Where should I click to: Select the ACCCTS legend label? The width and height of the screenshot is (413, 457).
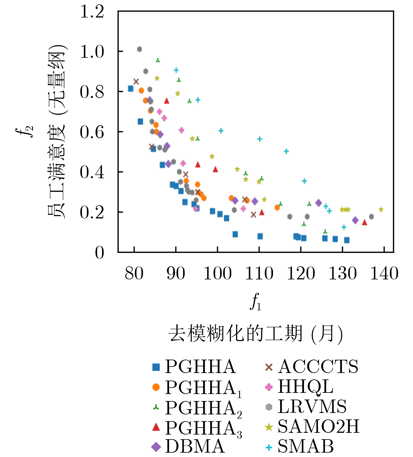318,367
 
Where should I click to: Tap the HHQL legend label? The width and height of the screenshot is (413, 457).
305,387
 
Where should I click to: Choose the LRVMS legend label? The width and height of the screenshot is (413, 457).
312,407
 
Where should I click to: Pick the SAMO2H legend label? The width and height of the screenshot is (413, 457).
319,426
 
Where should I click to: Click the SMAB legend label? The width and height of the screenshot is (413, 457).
306,446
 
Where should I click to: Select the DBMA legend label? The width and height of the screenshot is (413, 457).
195,446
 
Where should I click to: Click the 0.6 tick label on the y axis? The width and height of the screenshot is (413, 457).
92,132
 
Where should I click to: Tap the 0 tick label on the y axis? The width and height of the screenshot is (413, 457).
99,253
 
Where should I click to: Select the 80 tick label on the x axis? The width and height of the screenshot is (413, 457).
134,274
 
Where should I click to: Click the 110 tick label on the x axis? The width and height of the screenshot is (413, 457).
259,274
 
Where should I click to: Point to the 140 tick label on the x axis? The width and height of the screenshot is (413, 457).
384,274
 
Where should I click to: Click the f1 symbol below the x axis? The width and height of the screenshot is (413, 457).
256,302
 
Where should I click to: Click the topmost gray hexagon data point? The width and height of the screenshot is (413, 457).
139,49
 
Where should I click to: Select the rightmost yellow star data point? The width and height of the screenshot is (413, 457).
381,209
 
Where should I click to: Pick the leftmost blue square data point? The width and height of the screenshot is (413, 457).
131,89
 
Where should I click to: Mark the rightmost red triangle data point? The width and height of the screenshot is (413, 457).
364,222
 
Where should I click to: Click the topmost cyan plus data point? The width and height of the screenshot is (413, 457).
176,70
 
